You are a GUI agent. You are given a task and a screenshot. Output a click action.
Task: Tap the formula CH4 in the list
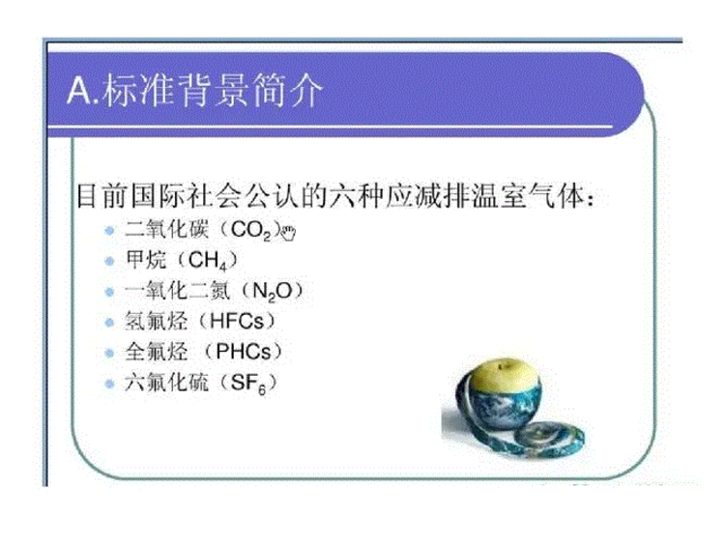(208, 261)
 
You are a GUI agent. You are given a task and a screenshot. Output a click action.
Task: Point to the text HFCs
(237, 321)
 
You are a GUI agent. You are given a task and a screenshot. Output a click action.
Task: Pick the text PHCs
(244, 352)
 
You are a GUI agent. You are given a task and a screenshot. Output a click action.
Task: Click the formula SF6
(248, 384)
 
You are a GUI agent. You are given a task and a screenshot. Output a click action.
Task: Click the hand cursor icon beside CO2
(288, 234)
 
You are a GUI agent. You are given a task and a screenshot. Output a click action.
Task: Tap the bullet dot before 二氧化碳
(109, 230)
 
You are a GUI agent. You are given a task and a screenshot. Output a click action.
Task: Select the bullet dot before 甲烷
(109, 261)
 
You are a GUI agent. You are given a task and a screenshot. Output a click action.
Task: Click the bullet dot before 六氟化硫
(109, 384)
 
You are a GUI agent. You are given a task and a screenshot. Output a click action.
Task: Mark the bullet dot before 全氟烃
(109, 353)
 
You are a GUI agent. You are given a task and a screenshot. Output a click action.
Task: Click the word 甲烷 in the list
(146, 260)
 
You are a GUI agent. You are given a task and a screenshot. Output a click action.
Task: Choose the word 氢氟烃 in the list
(156, 321)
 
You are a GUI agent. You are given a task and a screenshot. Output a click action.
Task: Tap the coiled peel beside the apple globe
(549, 437)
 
